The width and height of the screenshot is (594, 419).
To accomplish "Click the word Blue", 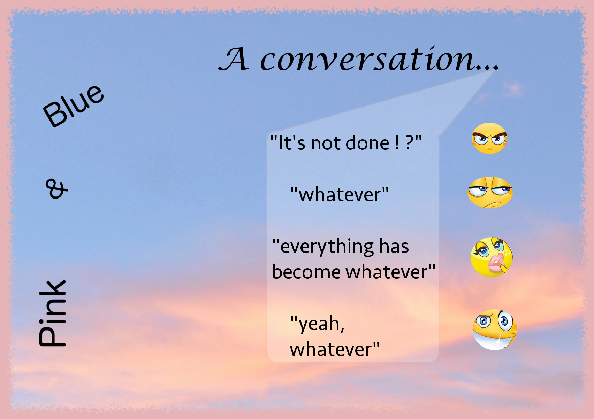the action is click(73, 106).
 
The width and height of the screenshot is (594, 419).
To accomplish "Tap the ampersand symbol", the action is click(56, 189).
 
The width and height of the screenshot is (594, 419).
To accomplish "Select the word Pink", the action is click(52, 313).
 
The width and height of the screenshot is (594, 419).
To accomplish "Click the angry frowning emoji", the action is click(489, 138).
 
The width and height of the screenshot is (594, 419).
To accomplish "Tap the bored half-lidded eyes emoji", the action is click(490, 192).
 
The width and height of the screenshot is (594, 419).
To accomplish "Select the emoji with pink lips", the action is click(492, 257).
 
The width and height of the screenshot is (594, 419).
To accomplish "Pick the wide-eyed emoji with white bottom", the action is click(495, 329).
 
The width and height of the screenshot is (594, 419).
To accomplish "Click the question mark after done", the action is click(410, 143).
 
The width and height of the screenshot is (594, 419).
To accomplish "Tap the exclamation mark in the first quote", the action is click(397, 143).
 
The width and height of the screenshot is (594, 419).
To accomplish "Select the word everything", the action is click(327, 247).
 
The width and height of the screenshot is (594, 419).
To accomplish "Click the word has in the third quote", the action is click(394, 246).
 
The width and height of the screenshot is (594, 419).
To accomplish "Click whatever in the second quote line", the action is click(340, 195).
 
